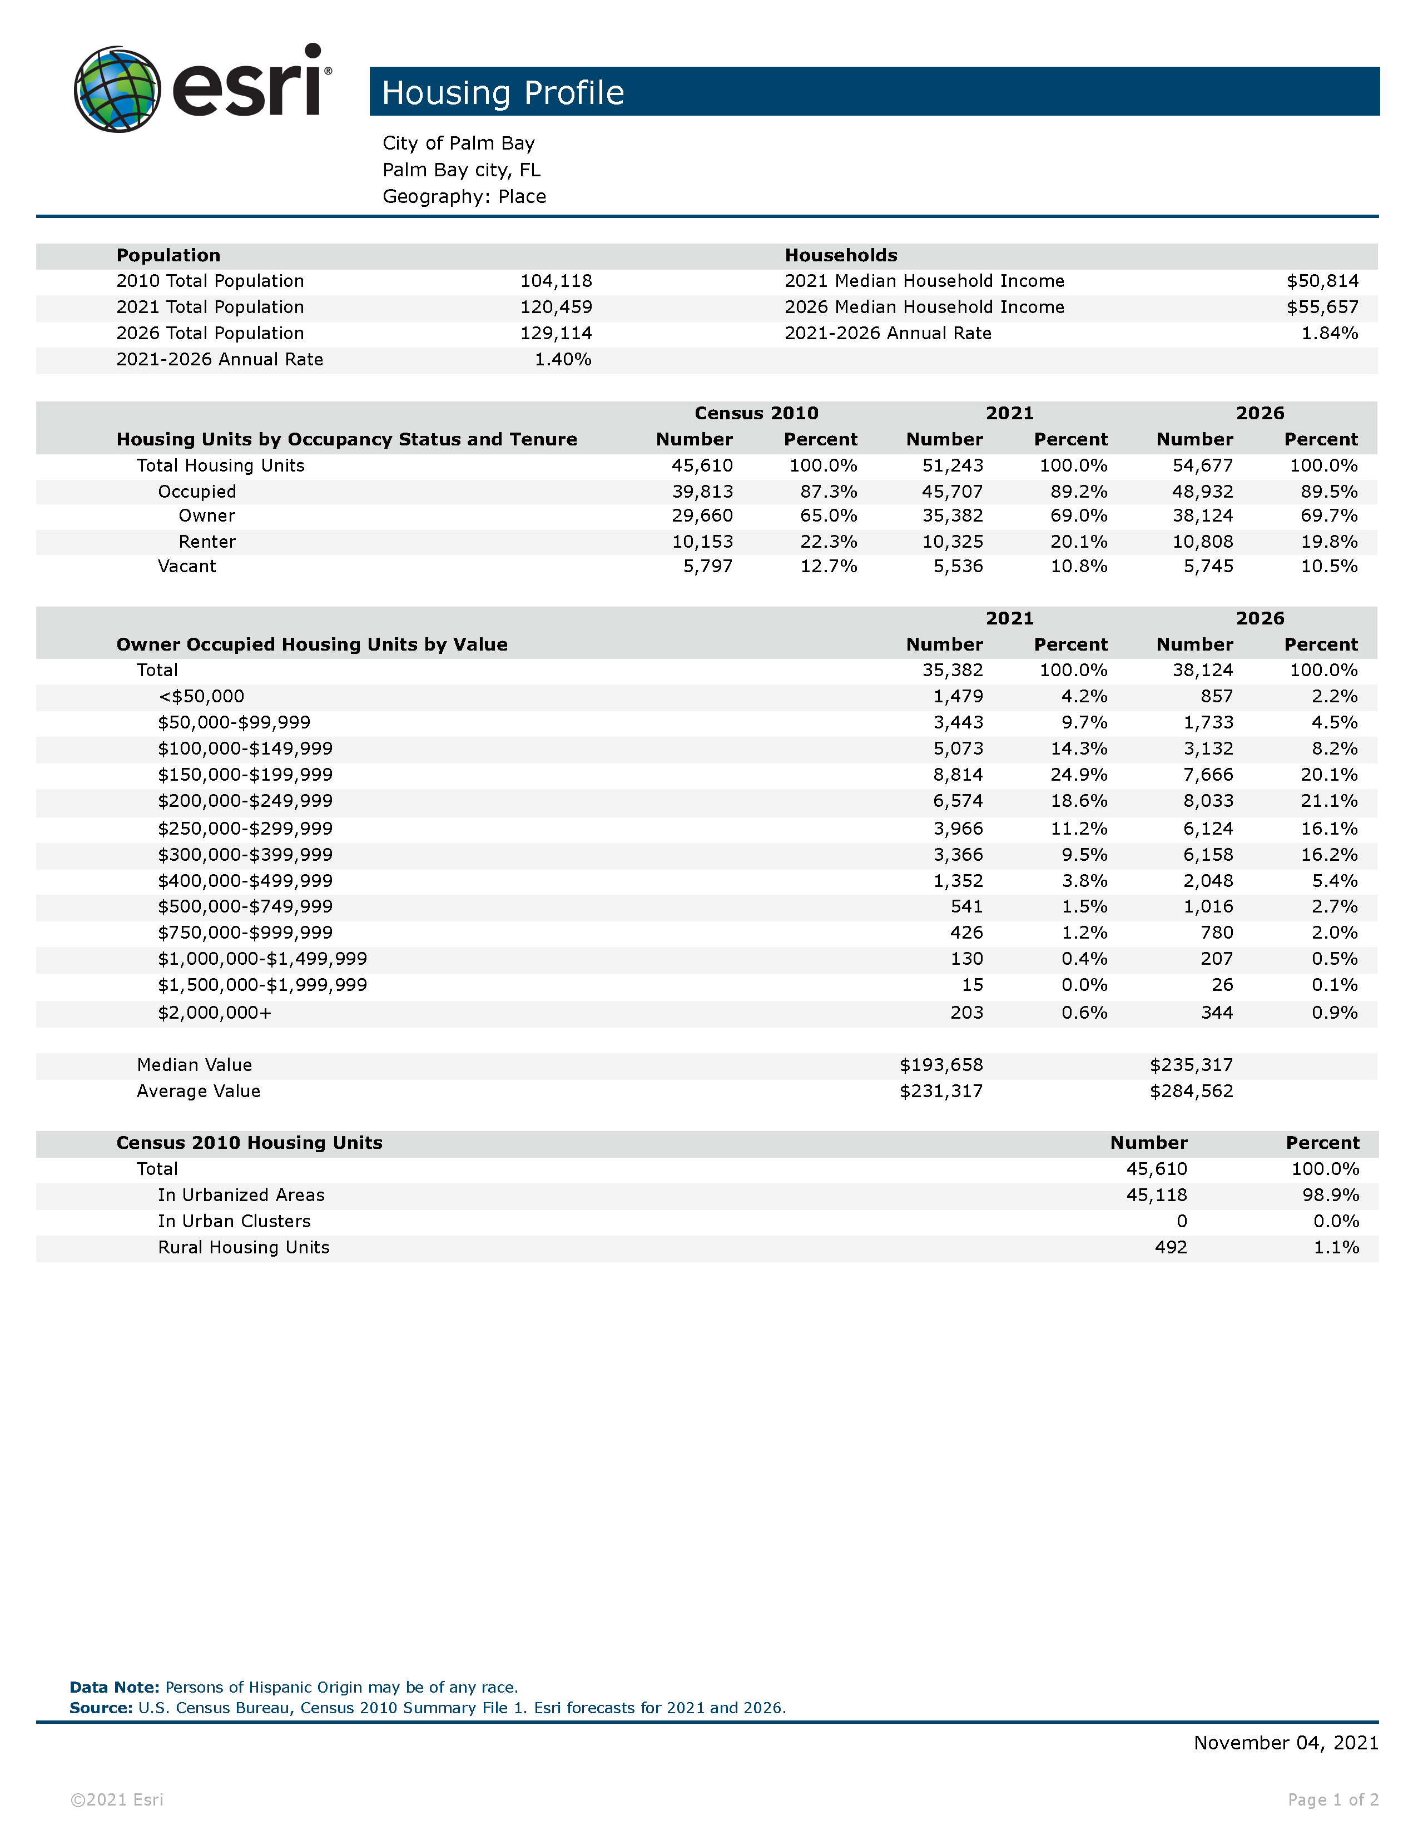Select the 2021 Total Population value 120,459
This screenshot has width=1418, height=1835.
(x=556, y=308)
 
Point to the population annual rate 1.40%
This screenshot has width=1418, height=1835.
(x=563, y=360)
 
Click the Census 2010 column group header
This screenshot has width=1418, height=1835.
(x=756, y=413)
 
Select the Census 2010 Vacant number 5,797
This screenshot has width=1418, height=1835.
(x=707, y=566)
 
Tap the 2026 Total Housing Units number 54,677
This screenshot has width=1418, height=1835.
(x=1202, y=465)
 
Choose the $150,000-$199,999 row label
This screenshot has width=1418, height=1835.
(x=245, y=775)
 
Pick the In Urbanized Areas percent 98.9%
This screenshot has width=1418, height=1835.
(x=1331, y=1196)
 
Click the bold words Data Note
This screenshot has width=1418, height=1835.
(x=114, y=1687)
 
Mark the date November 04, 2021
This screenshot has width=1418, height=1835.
(x=1285, y=1743)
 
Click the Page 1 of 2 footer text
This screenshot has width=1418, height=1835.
(x=1332, y=1800)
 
